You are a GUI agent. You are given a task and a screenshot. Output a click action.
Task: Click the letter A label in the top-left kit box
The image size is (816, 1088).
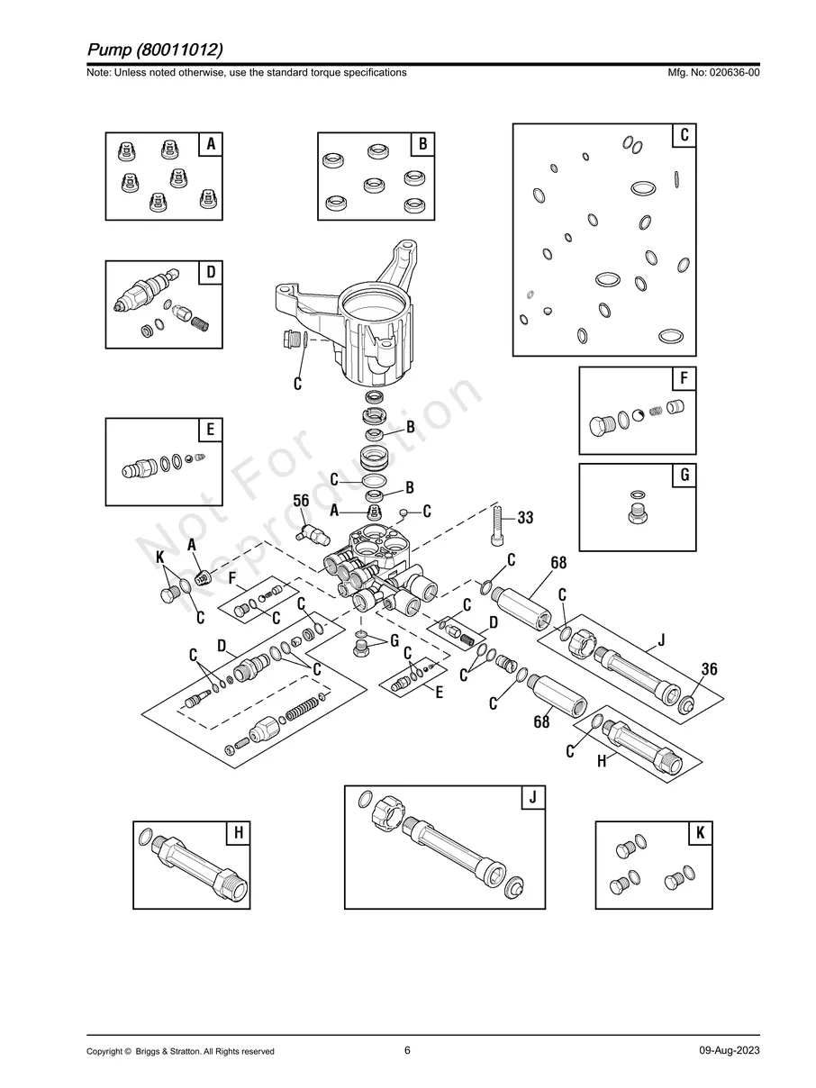211,144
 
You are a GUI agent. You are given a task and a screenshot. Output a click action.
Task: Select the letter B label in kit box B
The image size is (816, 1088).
422,144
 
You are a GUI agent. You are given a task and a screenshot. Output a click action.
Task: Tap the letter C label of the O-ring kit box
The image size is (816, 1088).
685,135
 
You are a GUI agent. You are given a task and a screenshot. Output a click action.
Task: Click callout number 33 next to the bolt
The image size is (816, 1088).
524,518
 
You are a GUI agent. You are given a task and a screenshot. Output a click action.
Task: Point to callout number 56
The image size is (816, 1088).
302,501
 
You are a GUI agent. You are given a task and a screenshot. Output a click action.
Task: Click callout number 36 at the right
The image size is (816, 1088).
710,669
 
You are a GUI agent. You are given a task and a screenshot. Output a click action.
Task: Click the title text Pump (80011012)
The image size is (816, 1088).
155,48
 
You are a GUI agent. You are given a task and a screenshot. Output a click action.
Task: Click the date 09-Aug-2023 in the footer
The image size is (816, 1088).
729,1051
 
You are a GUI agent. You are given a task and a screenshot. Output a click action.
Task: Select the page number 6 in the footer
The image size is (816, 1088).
407,1050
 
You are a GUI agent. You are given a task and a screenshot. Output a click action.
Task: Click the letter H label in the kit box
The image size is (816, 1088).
238,833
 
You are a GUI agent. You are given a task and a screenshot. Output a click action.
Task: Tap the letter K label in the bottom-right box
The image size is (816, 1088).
700,833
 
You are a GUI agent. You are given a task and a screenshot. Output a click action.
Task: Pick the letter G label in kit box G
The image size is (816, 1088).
685,475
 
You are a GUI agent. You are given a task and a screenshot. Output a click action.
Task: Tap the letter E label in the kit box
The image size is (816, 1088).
210,430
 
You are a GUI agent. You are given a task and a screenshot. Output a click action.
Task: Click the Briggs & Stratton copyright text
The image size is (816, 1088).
180,1051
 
